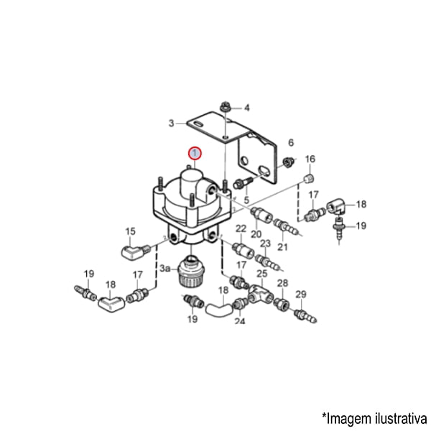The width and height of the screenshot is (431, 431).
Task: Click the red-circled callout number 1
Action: [x=195, y=154]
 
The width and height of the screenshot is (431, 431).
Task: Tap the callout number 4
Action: [x=247, y=108]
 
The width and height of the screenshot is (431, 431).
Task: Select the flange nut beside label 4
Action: [x=226, y=107]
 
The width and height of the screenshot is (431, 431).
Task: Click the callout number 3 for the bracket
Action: [x=171, y=123]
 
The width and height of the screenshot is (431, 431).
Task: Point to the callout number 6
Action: [x=291, y=142]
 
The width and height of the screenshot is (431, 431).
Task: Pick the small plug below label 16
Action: [x=310, y=179]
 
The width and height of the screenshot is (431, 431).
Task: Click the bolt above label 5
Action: [x=243, y=182]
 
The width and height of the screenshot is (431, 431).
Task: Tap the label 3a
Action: [x=165, y=268]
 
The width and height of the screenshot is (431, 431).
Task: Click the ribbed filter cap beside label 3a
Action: [x=190, y=271]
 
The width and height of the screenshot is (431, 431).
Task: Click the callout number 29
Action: [x=301, y=295]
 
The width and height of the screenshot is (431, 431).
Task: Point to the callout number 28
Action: [x=282, y=283]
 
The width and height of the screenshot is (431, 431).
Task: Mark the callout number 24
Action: [x=240, y=320]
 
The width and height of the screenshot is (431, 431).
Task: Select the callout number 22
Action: [x=241, y=228]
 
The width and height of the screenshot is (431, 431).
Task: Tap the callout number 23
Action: [x=265, y=244]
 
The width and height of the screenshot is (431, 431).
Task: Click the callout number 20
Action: [x=256, y=234]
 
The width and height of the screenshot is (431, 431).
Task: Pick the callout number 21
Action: [x=282, y=246]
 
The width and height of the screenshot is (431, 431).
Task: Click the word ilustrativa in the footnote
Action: [x=400, y=419]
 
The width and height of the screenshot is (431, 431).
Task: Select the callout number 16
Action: [x=310, y=159]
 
